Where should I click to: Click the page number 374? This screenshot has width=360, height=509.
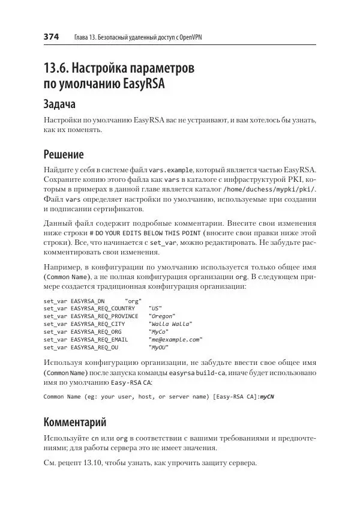click(51, 37)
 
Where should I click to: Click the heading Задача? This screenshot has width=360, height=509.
click(62, 104)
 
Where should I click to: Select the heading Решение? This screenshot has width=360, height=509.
click(64, 154)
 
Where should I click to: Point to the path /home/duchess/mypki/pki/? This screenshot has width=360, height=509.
click(265, 190)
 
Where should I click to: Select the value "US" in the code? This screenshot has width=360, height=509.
click(154, 308)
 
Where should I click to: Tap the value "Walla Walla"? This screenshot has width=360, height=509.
click(170, 324)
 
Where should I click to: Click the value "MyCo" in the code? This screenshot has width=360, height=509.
click(159, 331)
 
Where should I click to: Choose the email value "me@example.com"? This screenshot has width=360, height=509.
click(175, 339)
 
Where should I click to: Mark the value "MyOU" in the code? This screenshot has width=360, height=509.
click(159, 347)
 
